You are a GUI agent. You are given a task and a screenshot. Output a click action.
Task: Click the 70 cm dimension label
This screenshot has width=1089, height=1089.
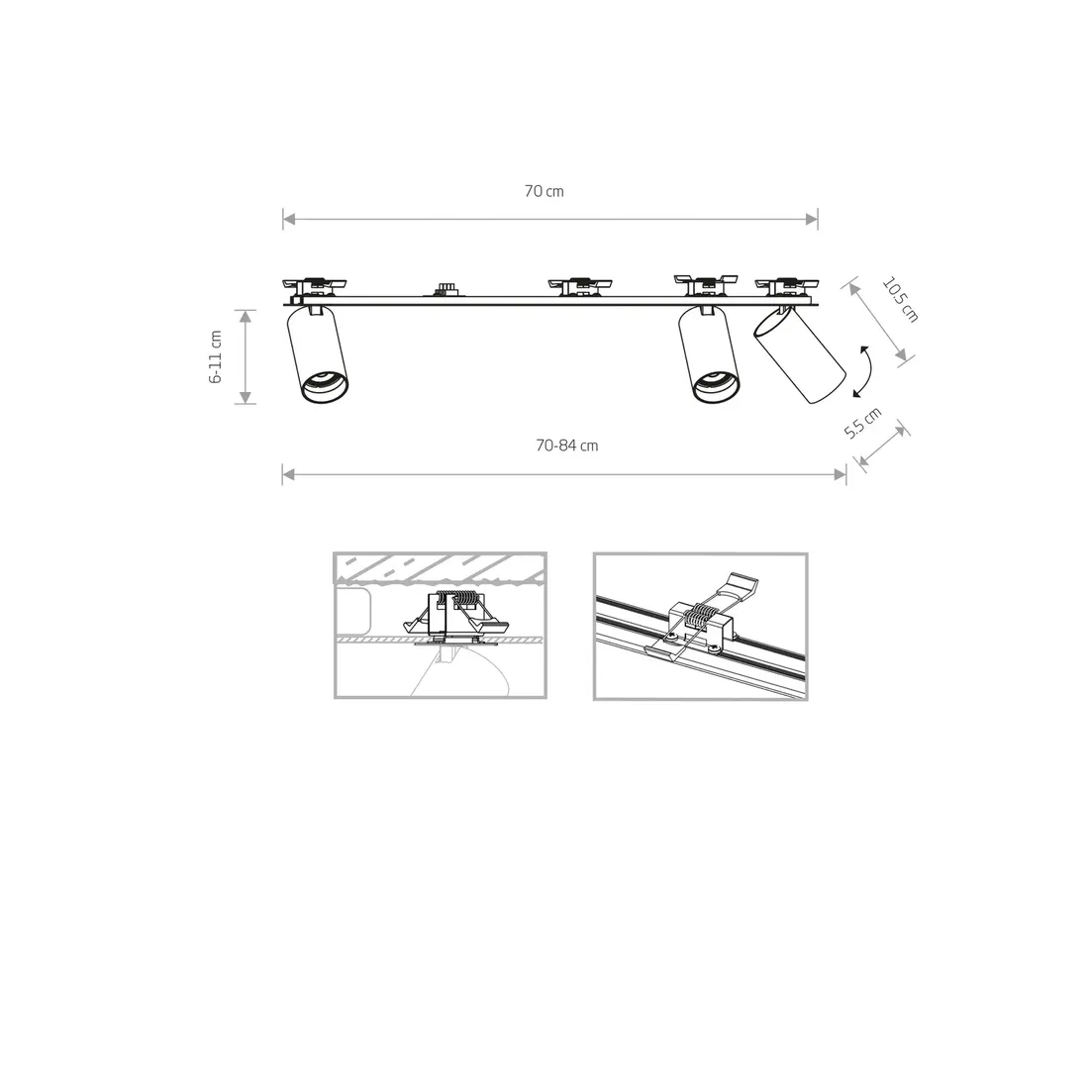(x=544, y=191)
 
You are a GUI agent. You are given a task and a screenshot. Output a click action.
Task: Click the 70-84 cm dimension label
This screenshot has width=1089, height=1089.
(x=566, y=445)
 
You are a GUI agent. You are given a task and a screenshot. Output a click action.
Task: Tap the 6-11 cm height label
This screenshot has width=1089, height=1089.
(x=216, y=356)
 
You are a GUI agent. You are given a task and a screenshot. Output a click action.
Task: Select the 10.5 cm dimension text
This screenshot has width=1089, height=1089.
(x=900, y=300)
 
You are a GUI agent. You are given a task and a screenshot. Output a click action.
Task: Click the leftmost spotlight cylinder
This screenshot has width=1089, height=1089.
(x=318, y=355)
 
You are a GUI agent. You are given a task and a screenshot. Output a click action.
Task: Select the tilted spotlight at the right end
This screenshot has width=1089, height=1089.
(x=800, y=355)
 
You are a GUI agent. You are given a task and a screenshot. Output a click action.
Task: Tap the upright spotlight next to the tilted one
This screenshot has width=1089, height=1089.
(x=708, y=355)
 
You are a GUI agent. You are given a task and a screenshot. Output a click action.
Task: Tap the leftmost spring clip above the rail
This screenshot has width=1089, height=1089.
(x=313, y=284)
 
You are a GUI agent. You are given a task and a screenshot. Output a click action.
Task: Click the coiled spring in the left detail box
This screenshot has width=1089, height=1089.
(x=456, y=597)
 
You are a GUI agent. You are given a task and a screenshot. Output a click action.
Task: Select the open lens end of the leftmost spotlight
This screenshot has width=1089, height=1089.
(x=325, y=387)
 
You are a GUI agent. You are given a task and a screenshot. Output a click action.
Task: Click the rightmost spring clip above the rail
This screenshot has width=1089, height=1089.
(x=787, y=284)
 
